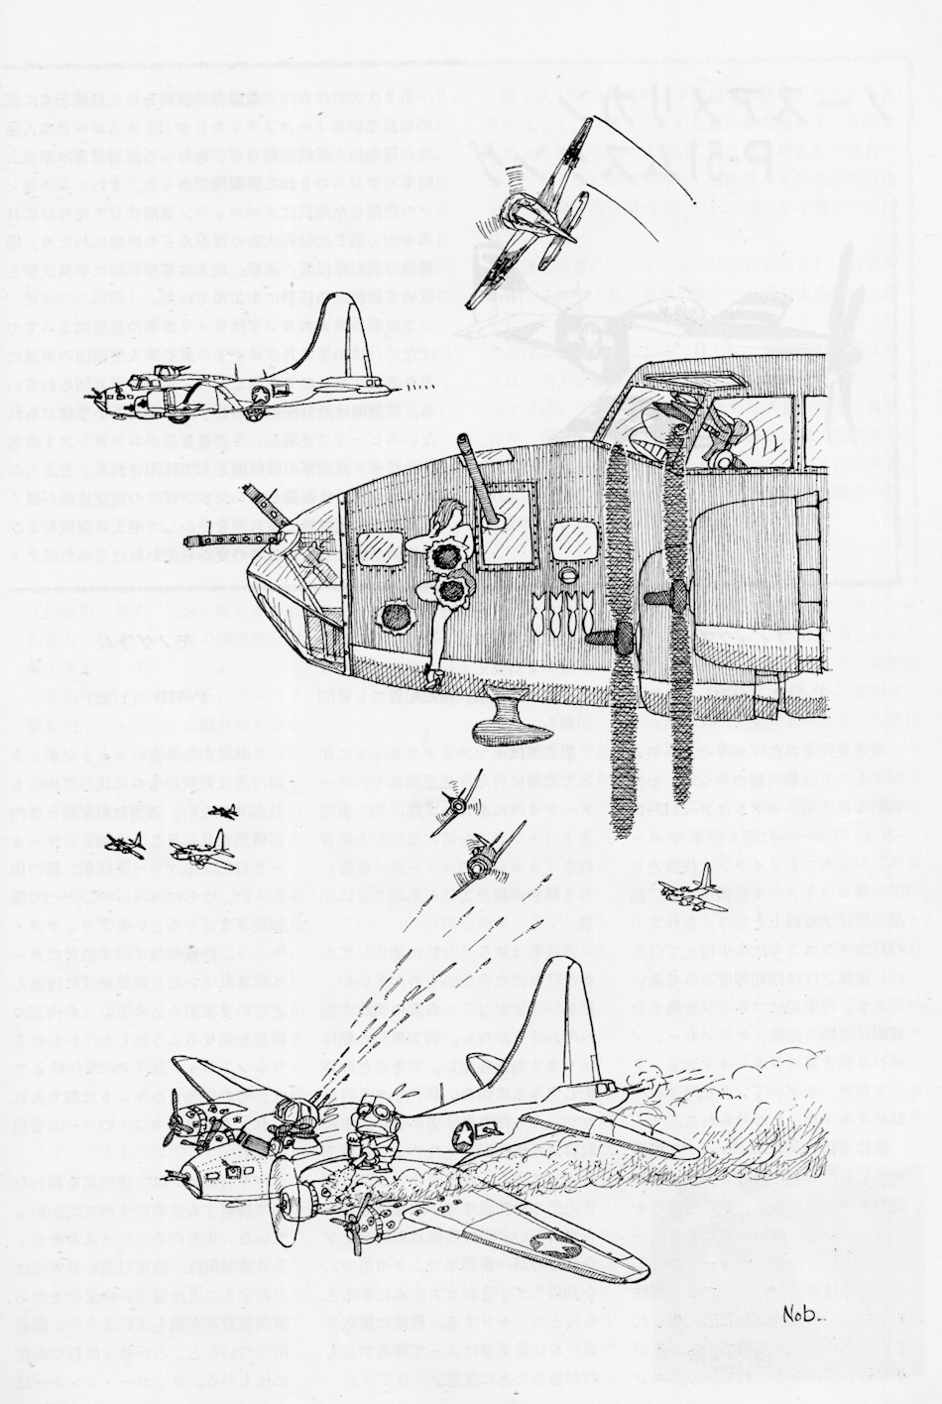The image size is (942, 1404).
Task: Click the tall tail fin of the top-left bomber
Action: point(352,337)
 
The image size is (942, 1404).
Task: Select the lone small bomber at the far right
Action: point(689,882)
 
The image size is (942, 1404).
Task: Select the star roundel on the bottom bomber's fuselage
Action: point(466,1129)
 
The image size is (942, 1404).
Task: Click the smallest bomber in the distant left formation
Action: point(224,811)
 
